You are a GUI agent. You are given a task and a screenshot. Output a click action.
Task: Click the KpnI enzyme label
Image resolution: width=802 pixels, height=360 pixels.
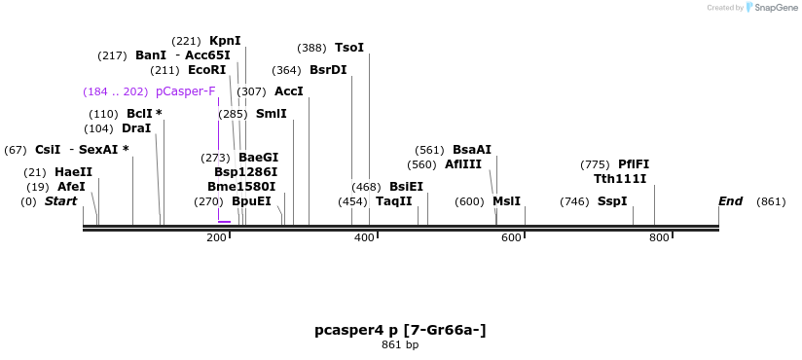(x=225, y=41)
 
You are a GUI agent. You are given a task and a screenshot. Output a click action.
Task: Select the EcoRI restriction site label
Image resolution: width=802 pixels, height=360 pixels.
(x=206, y=70)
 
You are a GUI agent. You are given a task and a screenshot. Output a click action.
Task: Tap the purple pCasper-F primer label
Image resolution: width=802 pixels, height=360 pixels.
(x=185, y=91)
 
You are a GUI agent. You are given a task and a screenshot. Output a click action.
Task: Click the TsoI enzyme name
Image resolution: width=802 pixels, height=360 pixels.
(x=349, y=48)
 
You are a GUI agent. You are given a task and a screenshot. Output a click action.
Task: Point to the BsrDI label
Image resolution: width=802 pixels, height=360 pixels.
(x=328, y=70)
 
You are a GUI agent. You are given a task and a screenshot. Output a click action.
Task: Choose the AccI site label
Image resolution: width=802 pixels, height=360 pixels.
(x=289, y=91)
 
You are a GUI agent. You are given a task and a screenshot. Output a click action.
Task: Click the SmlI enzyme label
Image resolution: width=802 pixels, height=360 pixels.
(x=272, y=114)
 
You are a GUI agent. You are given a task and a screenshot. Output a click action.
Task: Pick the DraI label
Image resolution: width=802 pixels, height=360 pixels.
(x=136, y=128)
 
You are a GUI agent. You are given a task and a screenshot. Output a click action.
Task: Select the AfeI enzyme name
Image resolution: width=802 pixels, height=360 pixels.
(x=71, y=187)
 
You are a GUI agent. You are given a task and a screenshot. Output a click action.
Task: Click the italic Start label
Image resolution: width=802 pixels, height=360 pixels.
(x=60, y=201)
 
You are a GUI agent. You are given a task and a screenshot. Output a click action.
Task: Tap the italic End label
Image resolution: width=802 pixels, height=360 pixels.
(x=730, y=201)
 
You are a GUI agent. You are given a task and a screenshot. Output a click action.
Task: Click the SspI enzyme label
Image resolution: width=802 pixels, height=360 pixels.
(x=612, y=201)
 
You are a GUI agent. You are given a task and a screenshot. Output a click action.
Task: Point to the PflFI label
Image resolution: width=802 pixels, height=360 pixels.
(x=634, y=164)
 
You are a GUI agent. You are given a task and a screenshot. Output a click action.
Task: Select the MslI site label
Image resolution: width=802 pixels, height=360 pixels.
(x=506, y=201)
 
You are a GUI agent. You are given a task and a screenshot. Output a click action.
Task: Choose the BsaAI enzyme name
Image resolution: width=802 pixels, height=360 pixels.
(x=472, y=150)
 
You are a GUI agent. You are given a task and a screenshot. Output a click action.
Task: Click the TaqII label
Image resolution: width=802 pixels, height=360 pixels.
(x=394, y=201)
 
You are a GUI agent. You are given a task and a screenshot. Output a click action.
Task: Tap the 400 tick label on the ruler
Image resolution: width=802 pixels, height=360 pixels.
(x=364, y=238)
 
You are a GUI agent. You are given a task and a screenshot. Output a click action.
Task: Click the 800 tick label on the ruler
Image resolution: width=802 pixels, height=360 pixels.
(x=659, y=238)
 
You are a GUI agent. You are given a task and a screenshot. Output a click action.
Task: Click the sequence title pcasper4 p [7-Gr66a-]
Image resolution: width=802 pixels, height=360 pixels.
(x=400, y=330)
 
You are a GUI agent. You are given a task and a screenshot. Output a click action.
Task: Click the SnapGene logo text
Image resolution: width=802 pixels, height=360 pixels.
(x=776, y=8)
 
